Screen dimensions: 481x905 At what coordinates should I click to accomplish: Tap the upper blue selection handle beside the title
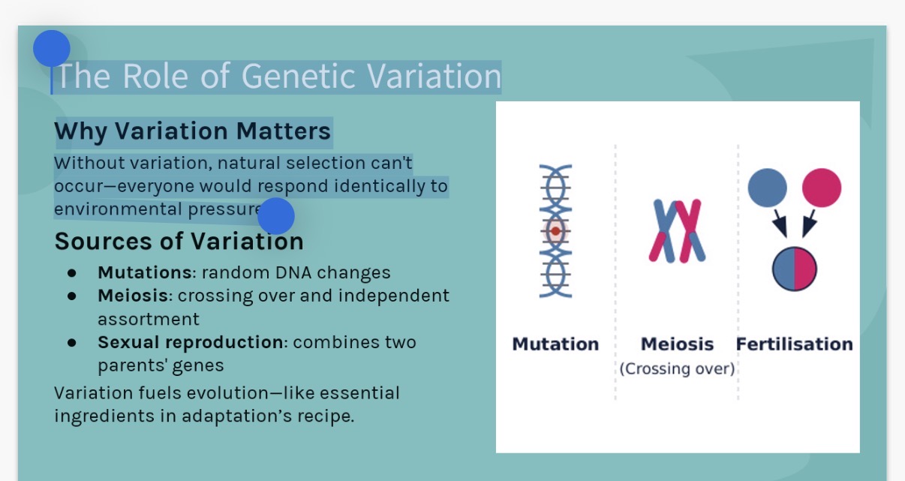(x=52, y=49)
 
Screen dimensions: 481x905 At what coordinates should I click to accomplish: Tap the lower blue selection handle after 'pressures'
(x=275, y=216)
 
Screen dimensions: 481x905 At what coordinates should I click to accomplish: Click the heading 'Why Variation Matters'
(x=192, y=131)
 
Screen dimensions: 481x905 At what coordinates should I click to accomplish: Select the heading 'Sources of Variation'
(x=179, y=242)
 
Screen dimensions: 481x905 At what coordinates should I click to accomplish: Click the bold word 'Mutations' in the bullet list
(x=144, y=272)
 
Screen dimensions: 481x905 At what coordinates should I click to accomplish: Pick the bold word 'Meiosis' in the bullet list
(x=133, y=296)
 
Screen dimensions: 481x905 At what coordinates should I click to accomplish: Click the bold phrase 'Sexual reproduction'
(x=190, y=342)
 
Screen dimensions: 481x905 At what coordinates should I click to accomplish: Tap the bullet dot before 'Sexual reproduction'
(x=72, y=342)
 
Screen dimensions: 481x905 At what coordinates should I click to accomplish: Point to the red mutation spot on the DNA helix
(x=555, y=231)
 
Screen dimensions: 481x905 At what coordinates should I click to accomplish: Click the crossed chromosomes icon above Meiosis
(x=676, y=230)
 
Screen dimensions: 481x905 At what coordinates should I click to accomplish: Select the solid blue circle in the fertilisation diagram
(x=768, y=188)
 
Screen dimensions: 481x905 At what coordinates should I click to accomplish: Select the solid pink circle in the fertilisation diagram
(x=821, y=188)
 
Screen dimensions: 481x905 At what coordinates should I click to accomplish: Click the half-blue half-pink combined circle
(x=794, y=268)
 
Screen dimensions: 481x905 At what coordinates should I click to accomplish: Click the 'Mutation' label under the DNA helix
(x=555, y=344)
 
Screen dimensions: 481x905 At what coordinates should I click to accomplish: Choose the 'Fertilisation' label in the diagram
(x=794, y=344)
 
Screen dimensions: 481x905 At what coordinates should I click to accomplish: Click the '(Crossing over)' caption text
(x=677, y=369)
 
